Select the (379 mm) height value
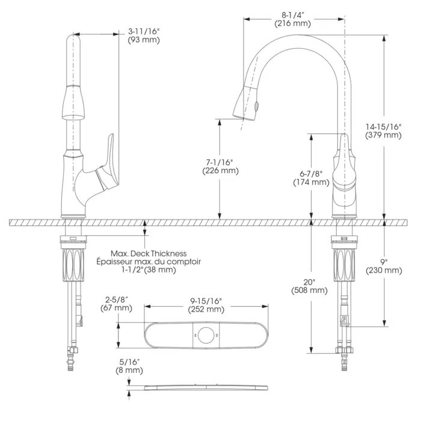383,135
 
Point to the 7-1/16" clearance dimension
219,162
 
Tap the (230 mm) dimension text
384,271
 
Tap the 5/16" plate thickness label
130,361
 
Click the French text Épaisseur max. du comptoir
149,262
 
